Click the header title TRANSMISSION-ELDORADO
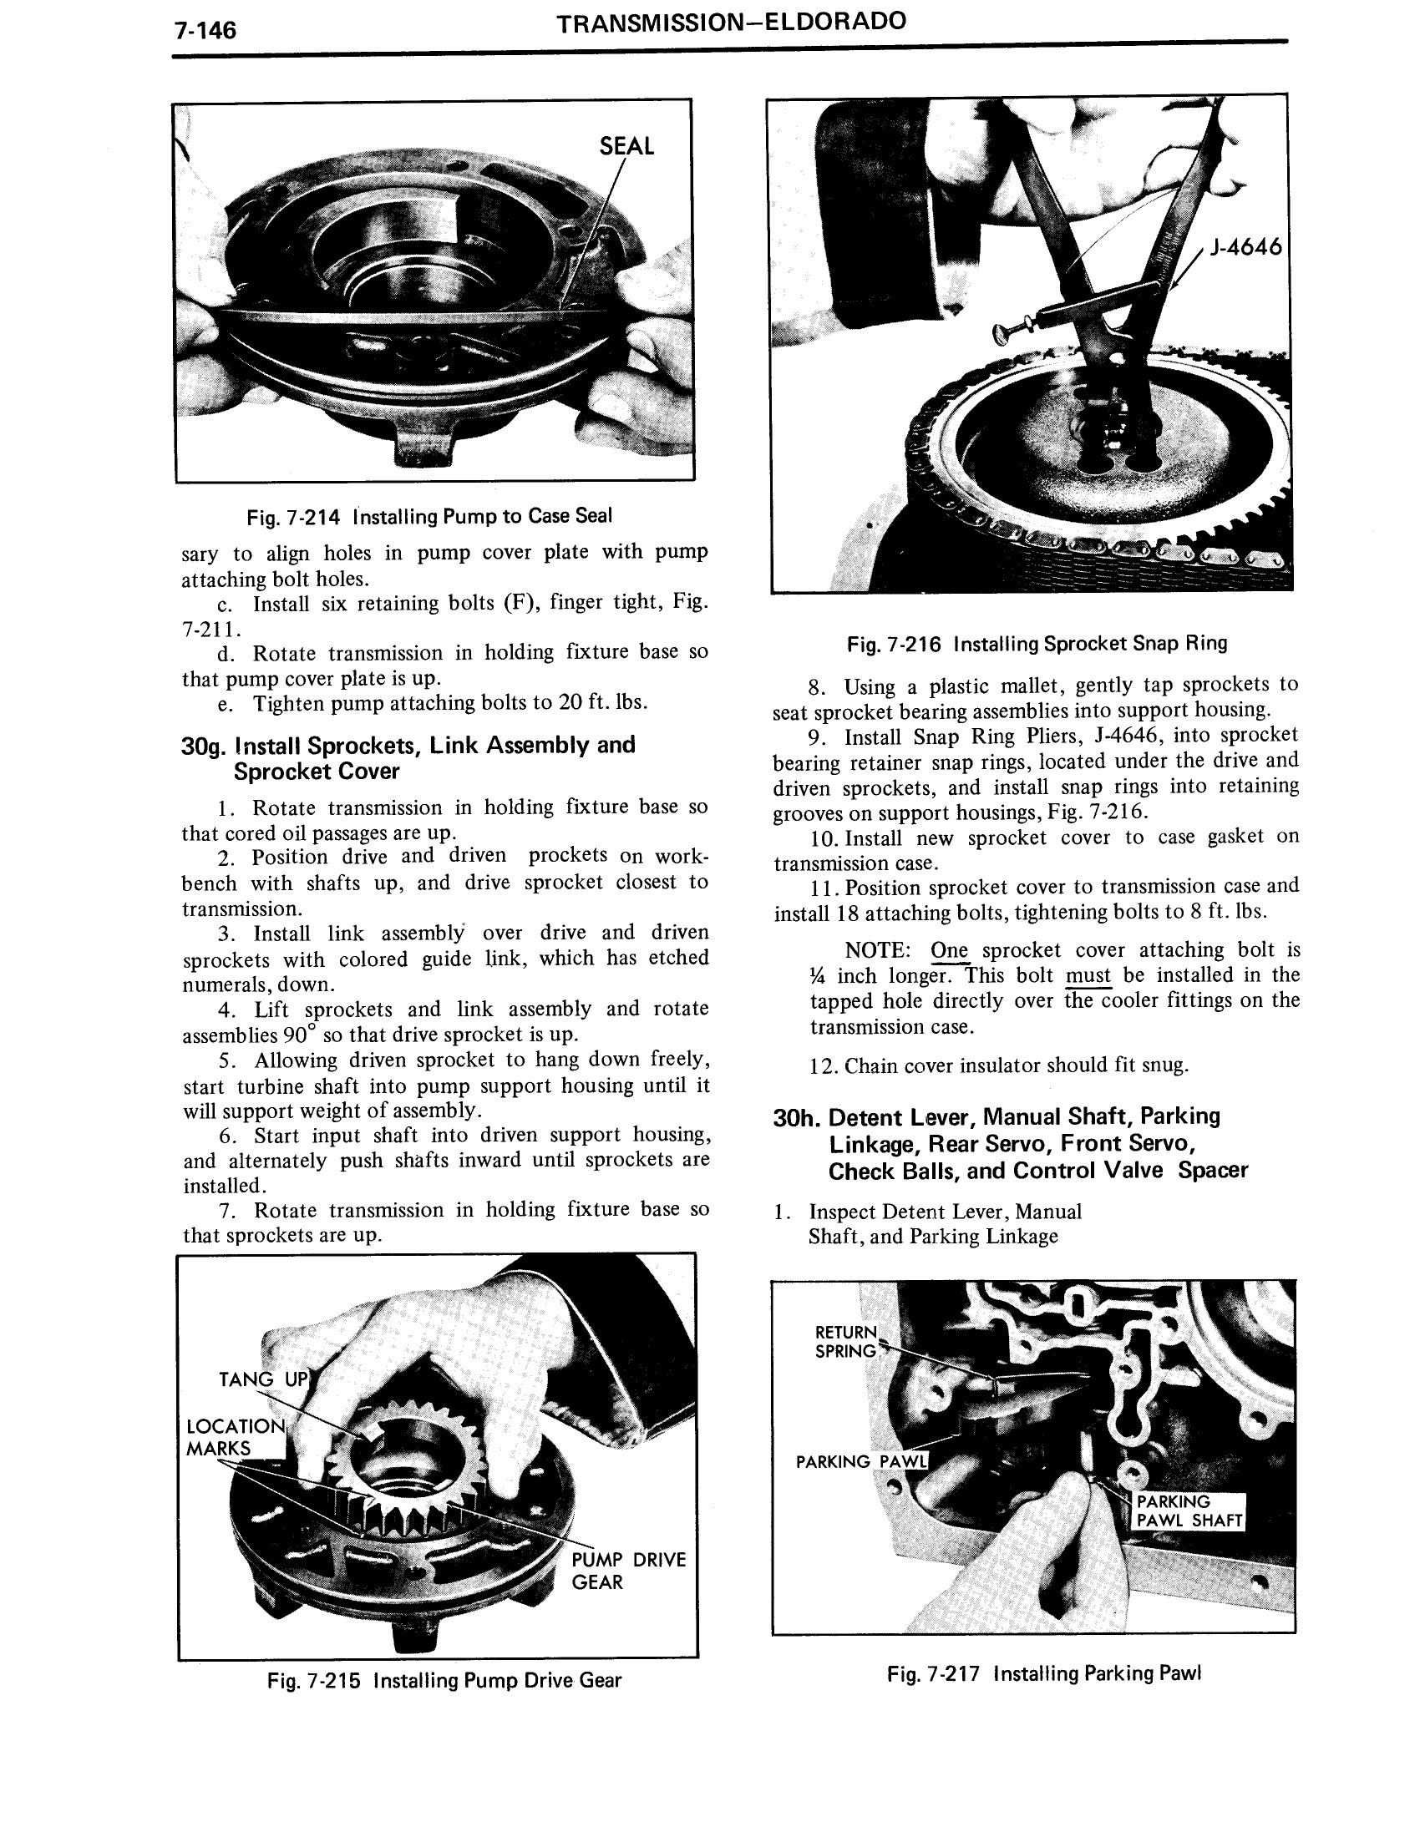(731, 22)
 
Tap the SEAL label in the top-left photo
(626, 146)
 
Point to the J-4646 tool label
(1245, 246)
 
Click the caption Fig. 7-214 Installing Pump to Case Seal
(429, 515)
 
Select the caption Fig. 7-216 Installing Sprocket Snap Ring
(1037, 644)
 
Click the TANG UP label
(263, 1379)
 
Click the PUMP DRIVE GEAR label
(627, 1571)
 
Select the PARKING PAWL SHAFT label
(1189, 1511)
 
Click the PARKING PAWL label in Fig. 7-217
(860, 1462)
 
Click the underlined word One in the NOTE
(949, 950)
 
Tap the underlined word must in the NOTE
(1088, 975)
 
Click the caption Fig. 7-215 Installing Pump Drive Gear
(444, 1681)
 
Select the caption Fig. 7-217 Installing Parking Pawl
(1043, 1673)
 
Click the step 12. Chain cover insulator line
(998, 1065)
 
